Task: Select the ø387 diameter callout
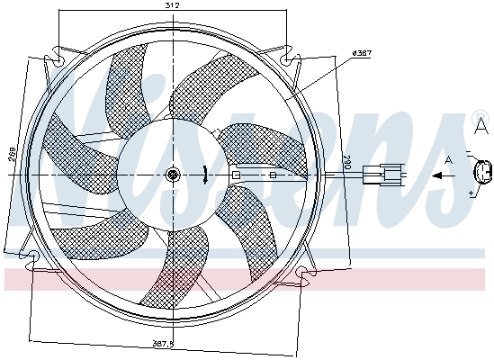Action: (x=361, y=53)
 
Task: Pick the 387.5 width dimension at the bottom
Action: (x=163, y=344)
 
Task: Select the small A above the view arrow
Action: (x=449, y=159)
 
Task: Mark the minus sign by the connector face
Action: (x=469, y=152)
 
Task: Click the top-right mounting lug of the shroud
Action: (x=289, y=59)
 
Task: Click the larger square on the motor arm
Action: (x=236, y=175)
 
